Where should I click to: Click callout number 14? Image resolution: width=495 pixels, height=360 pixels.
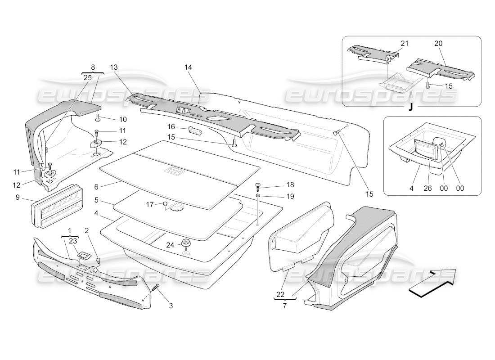coord(188,67)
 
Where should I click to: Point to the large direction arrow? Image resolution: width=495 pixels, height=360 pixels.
coord(433,283)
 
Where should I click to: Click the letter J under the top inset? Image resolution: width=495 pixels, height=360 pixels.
coord(411,108)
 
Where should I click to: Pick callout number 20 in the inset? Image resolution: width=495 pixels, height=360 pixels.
coord(438,43)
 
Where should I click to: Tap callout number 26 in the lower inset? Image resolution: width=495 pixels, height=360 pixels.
coord(427,189)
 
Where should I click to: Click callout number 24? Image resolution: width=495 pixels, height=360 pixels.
coord(170,245)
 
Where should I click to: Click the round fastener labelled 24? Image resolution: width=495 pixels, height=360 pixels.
coord(185,244)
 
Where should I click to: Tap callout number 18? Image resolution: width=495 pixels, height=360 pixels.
coord(277,185)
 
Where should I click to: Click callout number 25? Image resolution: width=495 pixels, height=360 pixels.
coord(87,77)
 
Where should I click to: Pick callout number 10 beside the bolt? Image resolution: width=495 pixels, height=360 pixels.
coord(123,119)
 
